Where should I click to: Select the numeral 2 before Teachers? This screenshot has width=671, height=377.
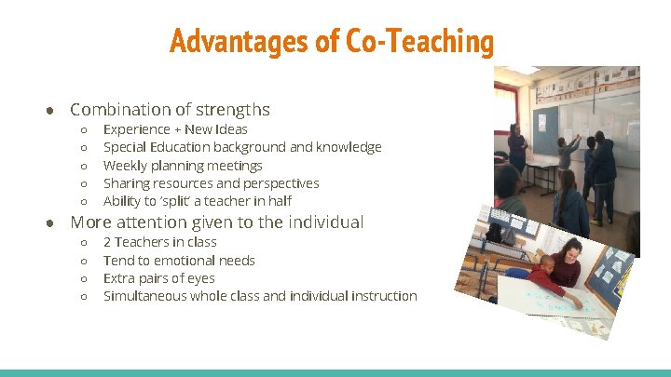pos(107,242)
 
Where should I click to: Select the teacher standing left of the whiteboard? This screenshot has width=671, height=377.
pos(517,149)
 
